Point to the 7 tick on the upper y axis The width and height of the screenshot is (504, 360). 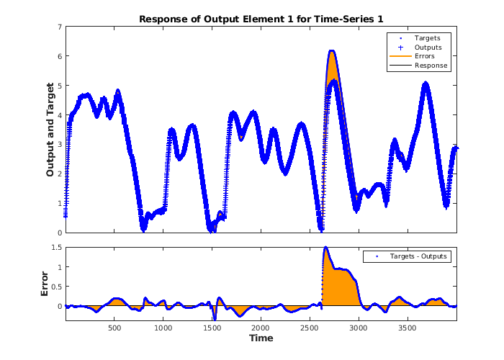pos(60,27)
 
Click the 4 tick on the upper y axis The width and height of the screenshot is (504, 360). pos(60,115)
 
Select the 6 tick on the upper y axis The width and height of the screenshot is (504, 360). pos(60,56)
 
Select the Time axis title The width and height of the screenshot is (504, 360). pos(261,338)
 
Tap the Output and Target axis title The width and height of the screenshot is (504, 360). pos(50,130)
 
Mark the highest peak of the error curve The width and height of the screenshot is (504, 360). pos(325,248)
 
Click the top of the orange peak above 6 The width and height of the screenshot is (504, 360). pos(332,51)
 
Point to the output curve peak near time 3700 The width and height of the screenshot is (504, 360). pos(426,84)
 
